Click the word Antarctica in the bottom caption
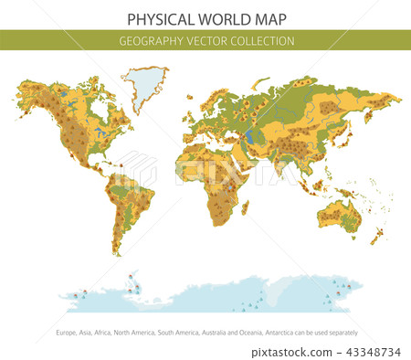279,332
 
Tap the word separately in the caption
342,332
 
